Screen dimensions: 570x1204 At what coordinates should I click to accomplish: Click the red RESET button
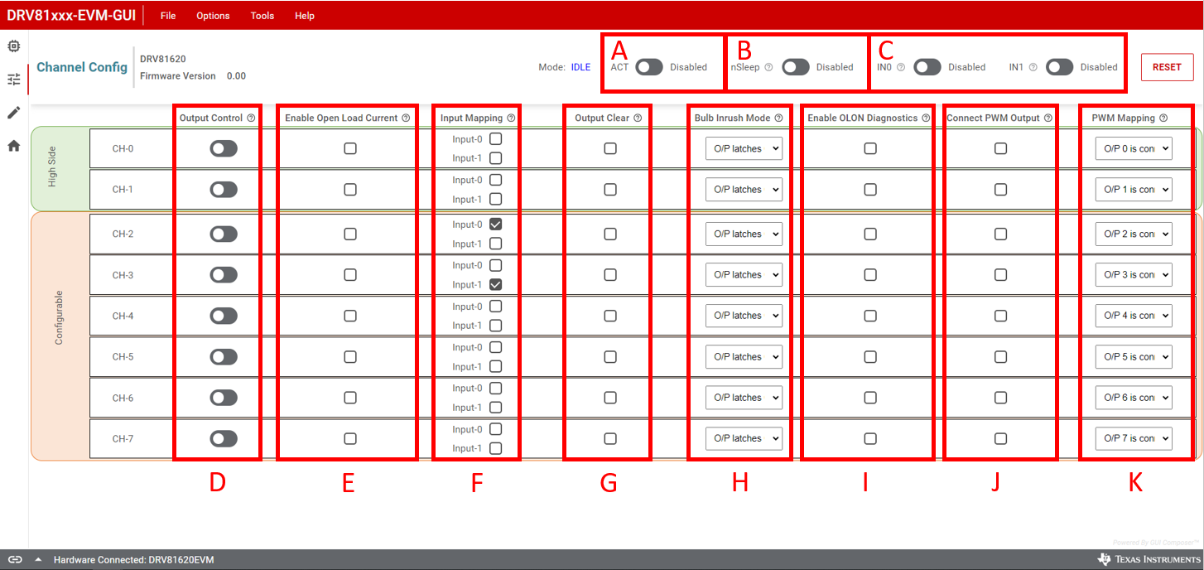coord(1167,67)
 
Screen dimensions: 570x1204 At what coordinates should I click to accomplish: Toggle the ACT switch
coord(649,67)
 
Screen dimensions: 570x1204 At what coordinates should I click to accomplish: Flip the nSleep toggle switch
coord(795,67)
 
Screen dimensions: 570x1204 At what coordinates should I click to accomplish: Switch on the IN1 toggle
coord(1059,67)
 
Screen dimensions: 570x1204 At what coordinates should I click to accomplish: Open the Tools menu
coord(262,16)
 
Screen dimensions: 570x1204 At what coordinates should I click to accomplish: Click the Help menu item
coord(305,16)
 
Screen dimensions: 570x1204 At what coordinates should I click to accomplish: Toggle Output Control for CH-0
coord(224,148)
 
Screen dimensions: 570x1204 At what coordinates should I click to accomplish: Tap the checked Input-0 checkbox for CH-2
coord(495,225)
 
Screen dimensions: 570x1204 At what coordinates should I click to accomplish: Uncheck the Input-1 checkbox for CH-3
coord(495,284)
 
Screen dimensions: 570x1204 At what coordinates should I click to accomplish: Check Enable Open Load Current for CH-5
coord(350,356)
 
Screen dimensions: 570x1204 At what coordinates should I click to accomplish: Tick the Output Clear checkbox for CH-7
coord(610,438)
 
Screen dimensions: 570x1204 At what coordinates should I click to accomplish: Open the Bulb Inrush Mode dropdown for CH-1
coord(744,190)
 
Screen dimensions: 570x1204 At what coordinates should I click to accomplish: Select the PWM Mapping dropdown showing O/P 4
coord(1134,316)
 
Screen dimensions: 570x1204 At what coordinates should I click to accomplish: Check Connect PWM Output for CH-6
coord(1000,398)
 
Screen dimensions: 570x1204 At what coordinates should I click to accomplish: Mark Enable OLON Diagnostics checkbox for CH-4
coord(870,316)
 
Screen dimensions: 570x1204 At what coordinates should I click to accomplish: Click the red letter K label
coord(1135,483)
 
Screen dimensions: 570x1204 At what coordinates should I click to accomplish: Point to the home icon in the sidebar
coord(14,146)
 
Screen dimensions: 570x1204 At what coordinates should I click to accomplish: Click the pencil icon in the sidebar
coord(14,113)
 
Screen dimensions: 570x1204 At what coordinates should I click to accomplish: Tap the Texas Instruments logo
coord(1147,559)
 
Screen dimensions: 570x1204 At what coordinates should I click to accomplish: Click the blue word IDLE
coord(580,67)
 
